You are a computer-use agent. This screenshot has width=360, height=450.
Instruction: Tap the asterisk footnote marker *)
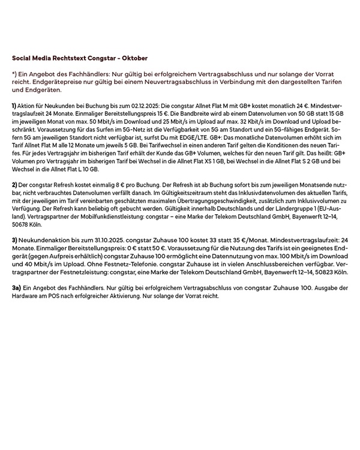(14, 73)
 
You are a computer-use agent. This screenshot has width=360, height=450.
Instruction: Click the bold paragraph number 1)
(14, 106)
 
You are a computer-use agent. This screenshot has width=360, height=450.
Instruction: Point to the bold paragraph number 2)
(14, 184)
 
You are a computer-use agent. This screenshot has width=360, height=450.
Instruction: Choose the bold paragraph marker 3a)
(16, 288)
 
